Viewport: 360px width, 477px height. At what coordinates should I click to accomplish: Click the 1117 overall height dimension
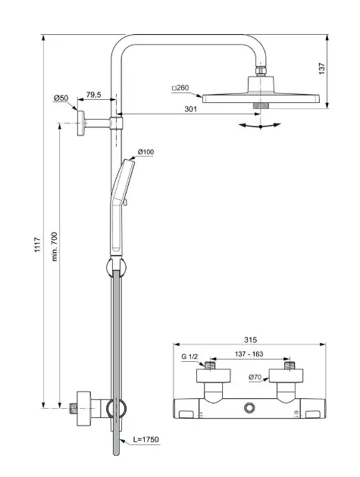point(37,245)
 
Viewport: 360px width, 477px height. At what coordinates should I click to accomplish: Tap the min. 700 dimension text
point(55,246)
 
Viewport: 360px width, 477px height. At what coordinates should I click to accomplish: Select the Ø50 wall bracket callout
point(61,98)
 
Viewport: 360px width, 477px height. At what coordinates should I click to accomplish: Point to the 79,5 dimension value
point(93,95)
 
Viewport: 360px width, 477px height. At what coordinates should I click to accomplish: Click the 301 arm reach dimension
point(191,109)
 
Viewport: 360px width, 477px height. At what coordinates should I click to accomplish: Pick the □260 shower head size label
point(180,88)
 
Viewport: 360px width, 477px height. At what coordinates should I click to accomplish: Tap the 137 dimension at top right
point(321,69)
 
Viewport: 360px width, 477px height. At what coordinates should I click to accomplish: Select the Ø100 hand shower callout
point(146,151)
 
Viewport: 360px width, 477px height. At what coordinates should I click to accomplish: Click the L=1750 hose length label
point(146,439)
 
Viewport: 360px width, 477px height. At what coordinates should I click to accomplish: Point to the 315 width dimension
point(250,339)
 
